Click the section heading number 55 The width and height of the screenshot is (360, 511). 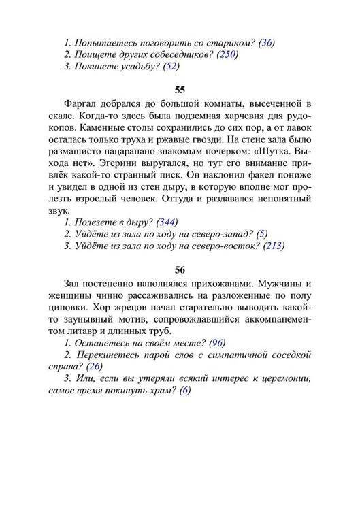click(180, 89)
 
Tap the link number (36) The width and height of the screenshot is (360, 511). click(266, 42)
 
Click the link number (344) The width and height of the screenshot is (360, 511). click(170, 222)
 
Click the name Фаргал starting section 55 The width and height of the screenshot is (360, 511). click(80, 103)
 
